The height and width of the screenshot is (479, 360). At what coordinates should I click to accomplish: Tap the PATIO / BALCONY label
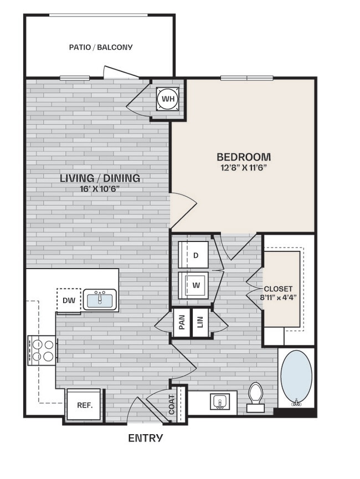coord(101,47)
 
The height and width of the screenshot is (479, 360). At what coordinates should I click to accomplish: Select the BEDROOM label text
coord(243,157)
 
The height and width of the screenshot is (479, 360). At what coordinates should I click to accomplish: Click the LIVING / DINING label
coord(100,178)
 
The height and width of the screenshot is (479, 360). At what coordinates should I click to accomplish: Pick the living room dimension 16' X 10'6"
coord(100,188)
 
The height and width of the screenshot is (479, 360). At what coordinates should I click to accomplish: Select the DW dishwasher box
coord(68,301)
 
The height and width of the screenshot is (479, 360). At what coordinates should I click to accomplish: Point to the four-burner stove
coord(42,350)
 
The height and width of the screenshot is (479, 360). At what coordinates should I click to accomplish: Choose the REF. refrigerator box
coord(84,405)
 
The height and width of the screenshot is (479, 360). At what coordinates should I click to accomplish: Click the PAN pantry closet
coord(181,323)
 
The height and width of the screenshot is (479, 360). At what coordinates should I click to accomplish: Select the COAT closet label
coord(178,404)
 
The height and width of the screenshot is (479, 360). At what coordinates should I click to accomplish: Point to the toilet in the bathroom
coord(255,396)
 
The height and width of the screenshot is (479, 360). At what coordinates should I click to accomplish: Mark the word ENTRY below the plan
coord(146,439)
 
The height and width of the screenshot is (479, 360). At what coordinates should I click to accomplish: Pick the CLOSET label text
coord(278,289)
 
